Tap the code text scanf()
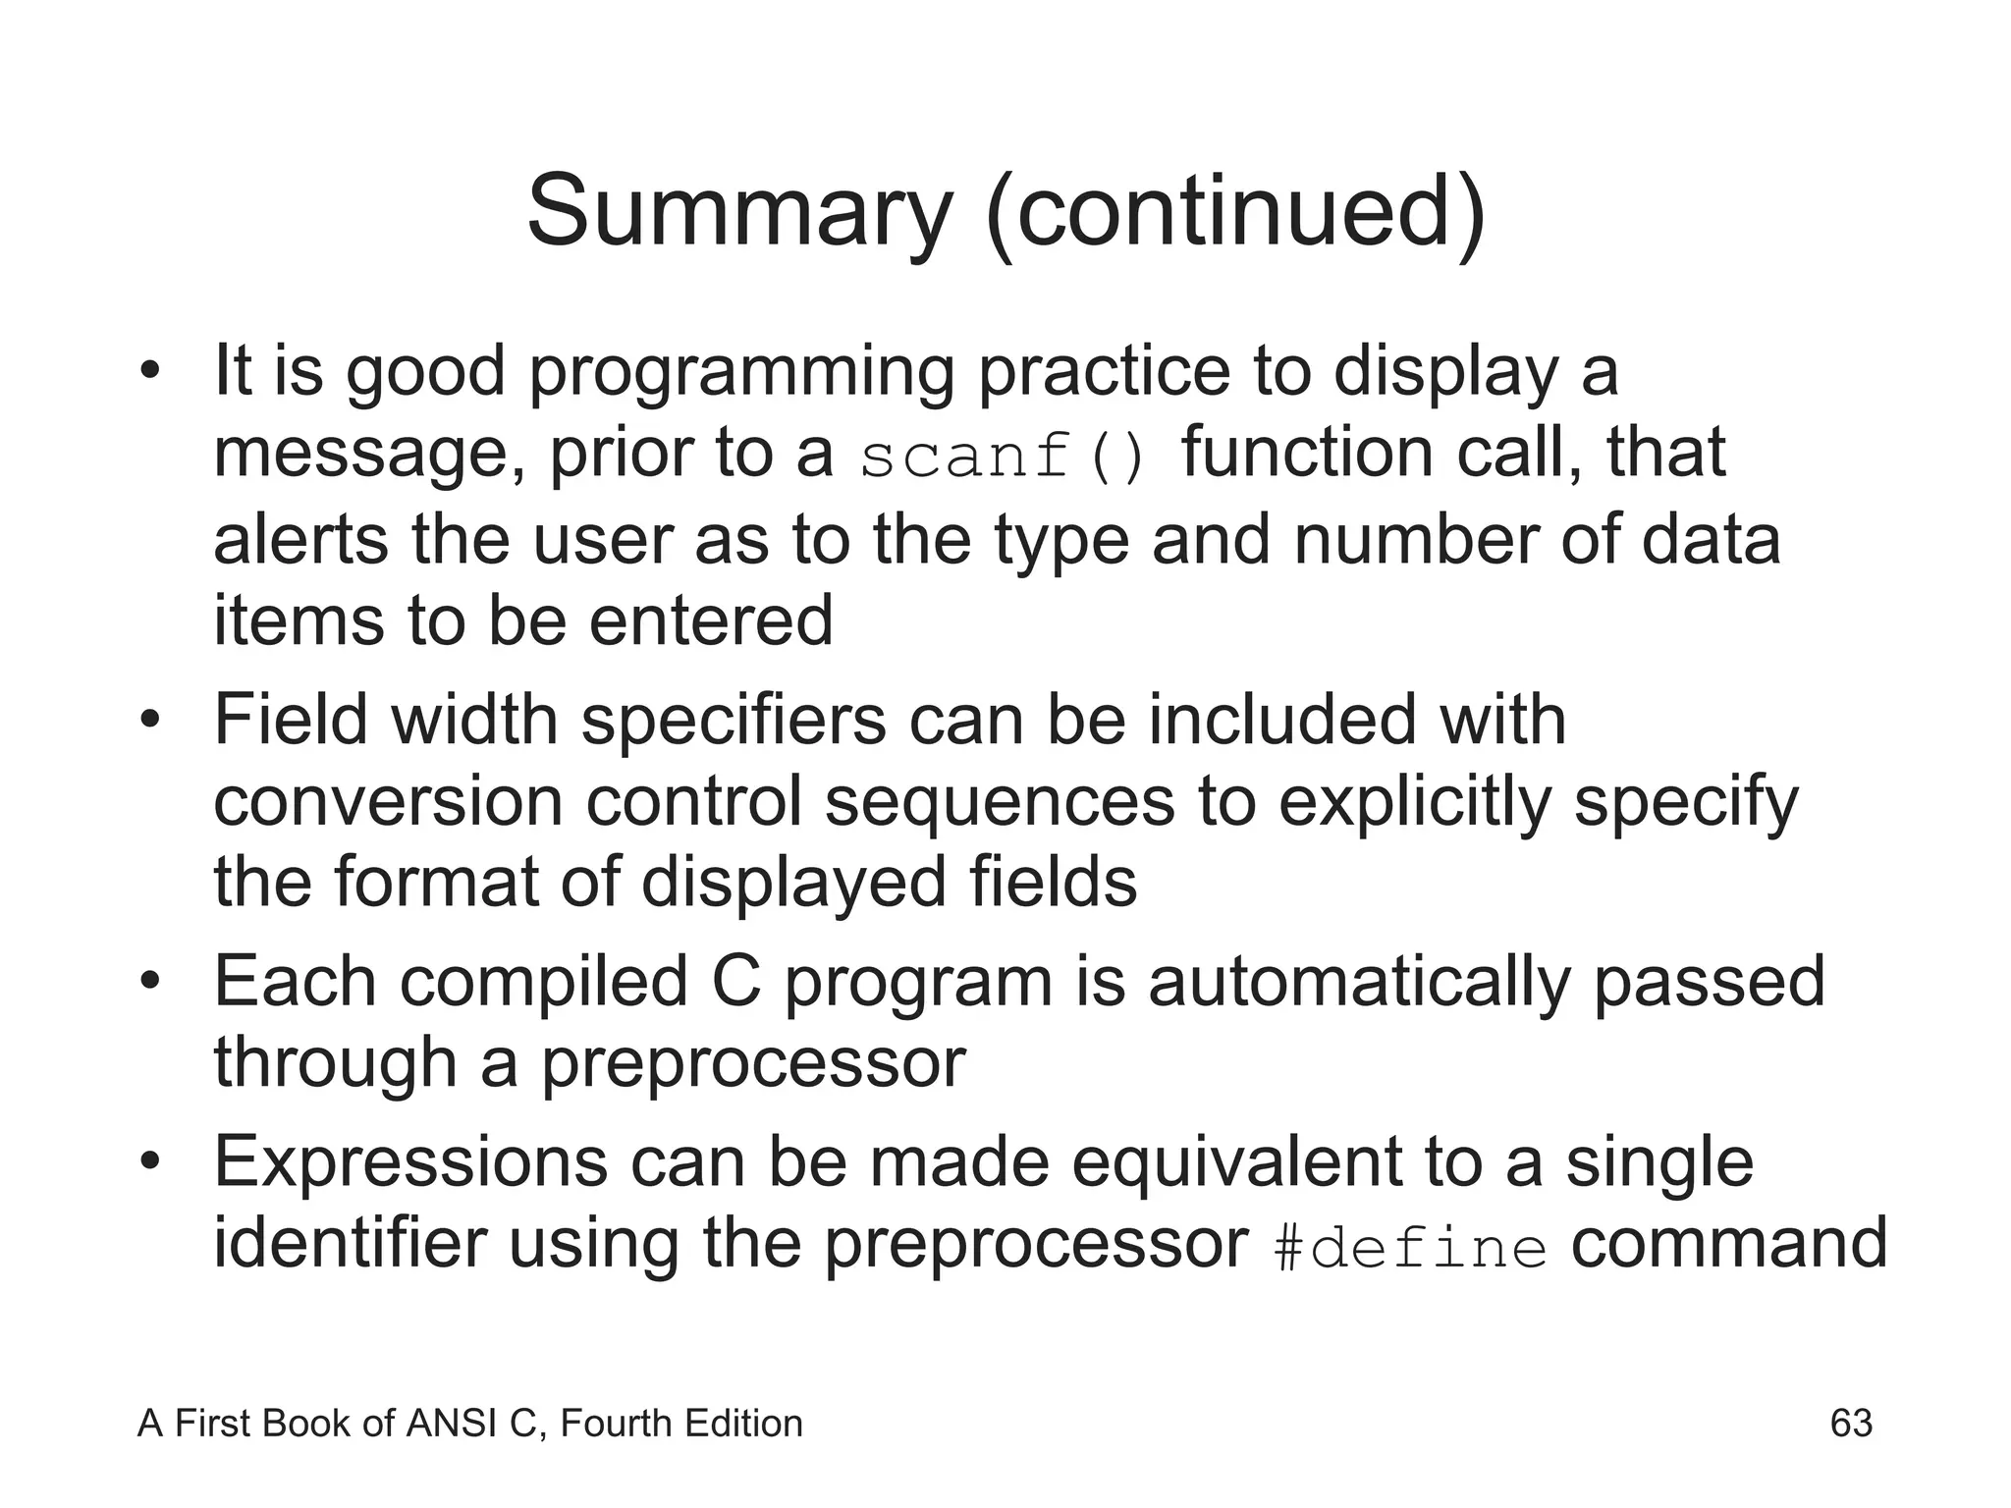pyautogui.click(x=1003, y=457)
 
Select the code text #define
pyautogui.click(x=1409, y=1249)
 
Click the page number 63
pyautogui.click(x=1851, y=1424)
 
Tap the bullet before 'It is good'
pyautogui.click(x=149, y=373)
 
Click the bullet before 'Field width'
pyautogui.click(x=149, y=722)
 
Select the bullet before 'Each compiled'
pyautogui.click(x=149, y=982)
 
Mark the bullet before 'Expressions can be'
pyautogui.click(x=149, y=1162)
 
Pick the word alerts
pyautogui.click(x=300, y=540)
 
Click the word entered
pyautogui.click(x=711, y=620)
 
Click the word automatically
pyautogui.click(x=1359, y=982)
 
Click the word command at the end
pyautogui.click(x=1728, y=1245)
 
